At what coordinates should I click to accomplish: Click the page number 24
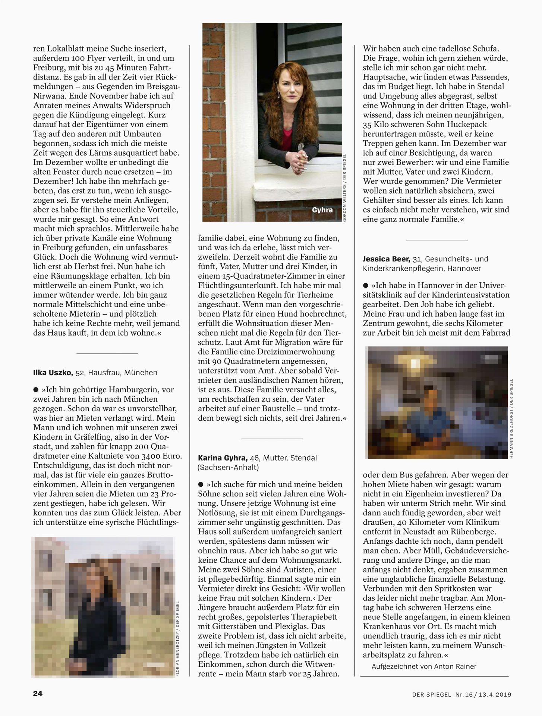(x=38, y=694)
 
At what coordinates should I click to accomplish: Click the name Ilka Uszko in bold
(x=53, y=373)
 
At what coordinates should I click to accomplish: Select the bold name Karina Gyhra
(x=223, y=458)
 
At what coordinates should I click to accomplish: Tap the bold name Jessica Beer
(x=387, y=259)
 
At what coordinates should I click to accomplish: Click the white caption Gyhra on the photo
(x=322, y=210)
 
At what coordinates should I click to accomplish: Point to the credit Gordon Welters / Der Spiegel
(x=344, y=188)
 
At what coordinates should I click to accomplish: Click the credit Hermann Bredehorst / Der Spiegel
(x=511, y=418)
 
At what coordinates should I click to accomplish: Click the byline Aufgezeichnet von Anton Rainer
(x=424, y=666)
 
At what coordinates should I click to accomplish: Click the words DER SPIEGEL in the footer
(x=432, y=694)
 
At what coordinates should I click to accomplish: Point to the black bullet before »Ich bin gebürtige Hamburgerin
(x=36, y=390)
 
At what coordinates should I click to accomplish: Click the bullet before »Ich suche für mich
(x=201, y=484)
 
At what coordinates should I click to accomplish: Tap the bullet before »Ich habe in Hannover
(x=366, y=286)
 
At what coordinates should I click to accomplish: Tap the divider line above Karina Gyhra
(x=272, y=439)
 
